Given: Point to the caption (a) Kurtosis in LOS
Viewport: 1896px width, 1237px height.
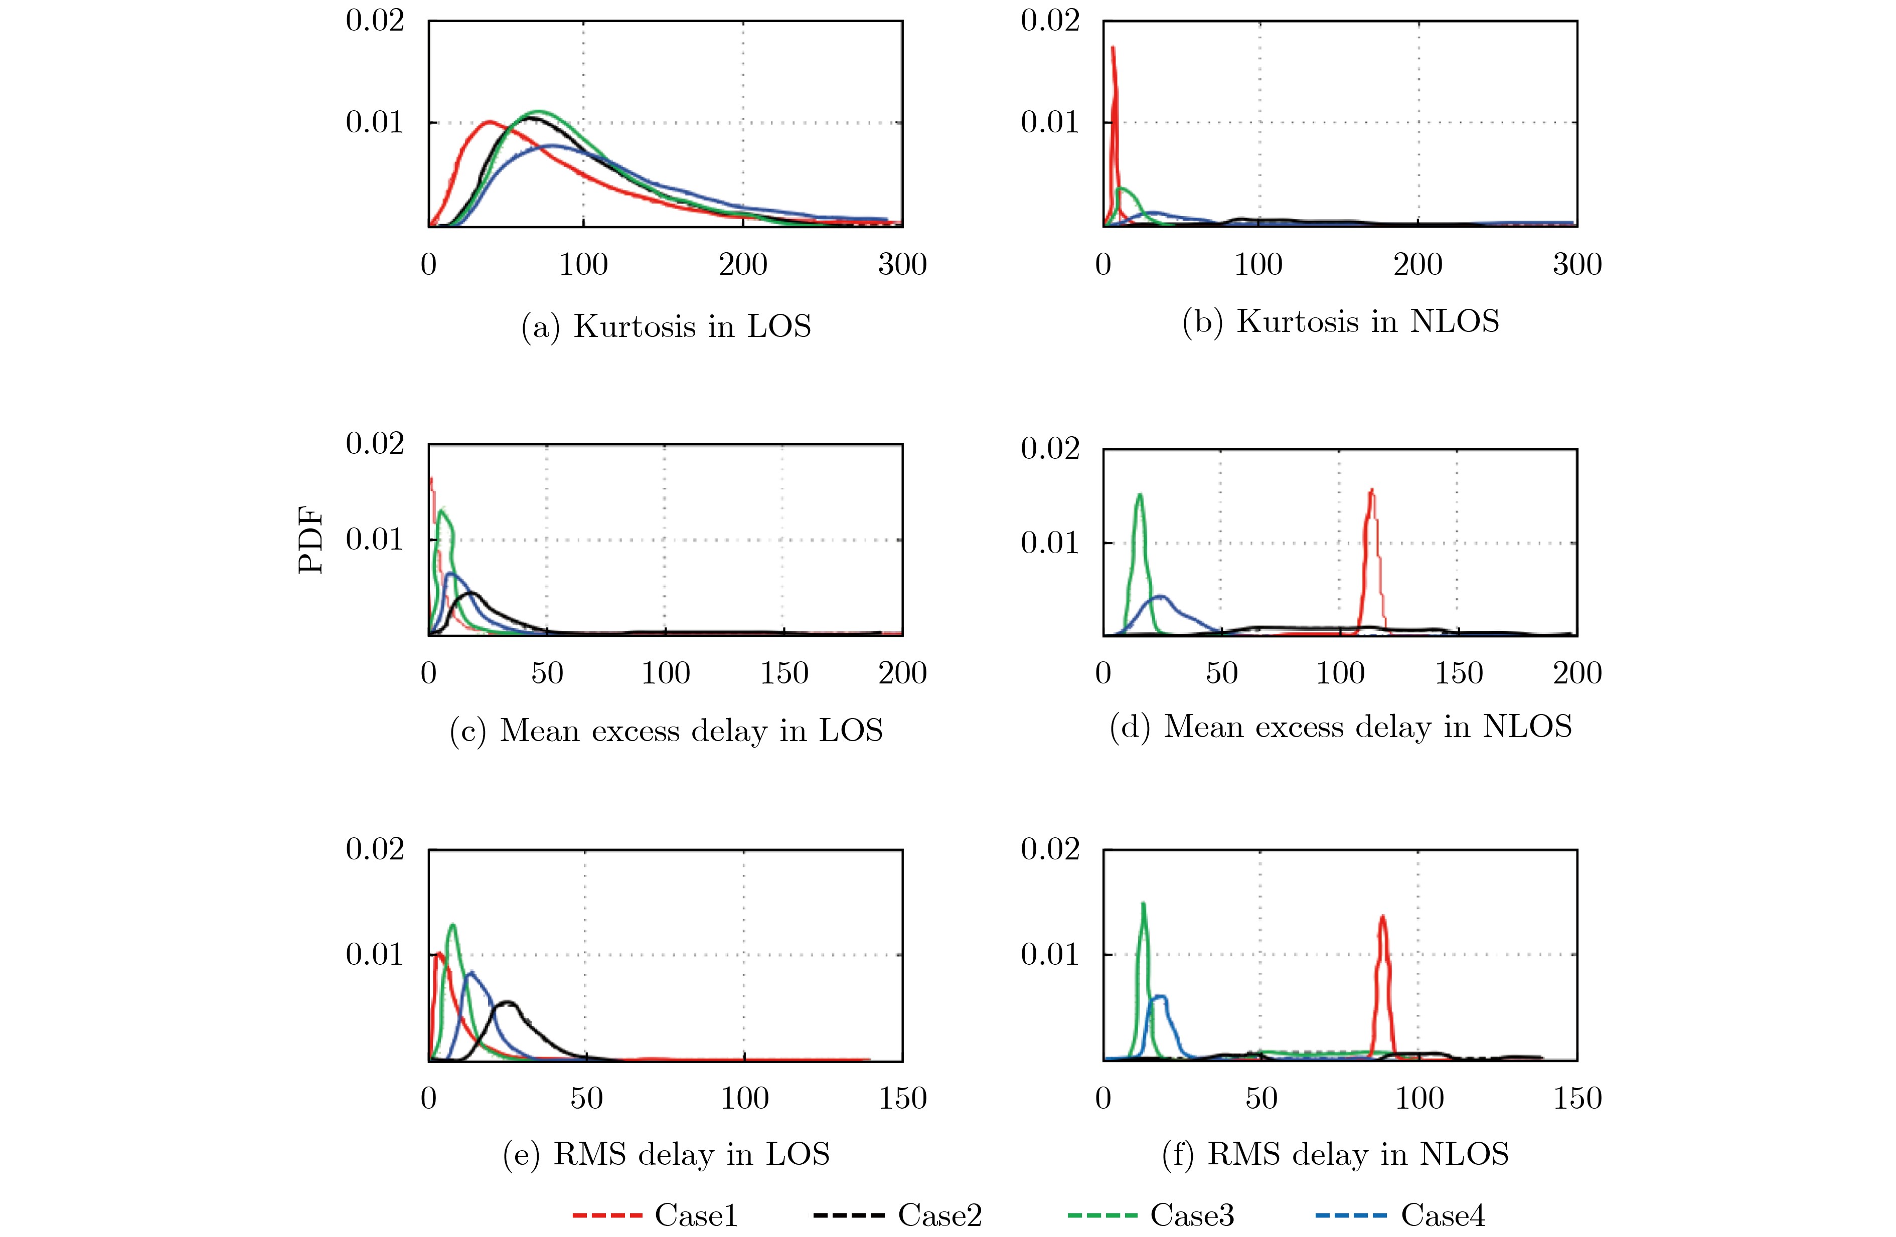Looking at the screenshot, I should (x=666, y=326).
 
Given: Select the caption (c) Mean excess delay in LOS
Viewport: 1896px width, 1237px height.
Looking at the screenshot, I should (x=666, y=731).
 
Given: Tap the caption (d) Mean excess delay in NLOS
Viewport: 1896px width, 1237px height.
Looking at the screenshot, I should (x=1341, y=727).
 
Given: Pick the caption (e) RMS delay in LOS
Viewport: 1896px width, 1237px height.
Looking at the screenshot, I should (x=666, y=1154).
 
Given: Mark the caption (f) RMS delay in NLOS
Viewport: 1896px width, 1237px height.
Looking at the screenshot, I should (x=1335, y=1154).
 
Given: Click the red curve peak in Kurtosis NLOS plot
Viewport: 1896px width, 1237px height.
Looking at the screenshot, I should (x=1113, y=48).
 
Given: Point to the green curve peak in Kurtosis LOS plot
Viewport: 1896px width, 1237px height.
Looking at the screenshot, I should (x=539, y=111).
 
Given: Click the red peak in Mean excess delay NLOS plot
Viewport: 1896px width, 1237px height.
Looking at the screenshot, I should (x=1371, y=490).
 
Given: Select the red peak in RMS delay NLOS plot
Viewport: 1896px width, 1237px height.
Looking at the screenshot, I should (x=1382, y=916).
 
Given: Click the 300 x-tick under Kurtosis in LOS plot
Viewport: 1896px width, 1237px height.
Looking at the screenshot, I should (x=902, y=264).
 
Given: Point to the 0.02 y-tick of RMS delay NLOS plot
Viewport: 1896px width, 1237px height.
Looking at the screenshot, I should (x=1050, y=849).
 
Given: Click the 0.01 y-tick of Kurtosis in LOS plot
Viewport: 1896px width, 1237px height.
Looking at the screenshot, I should (x=374, y=122).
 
